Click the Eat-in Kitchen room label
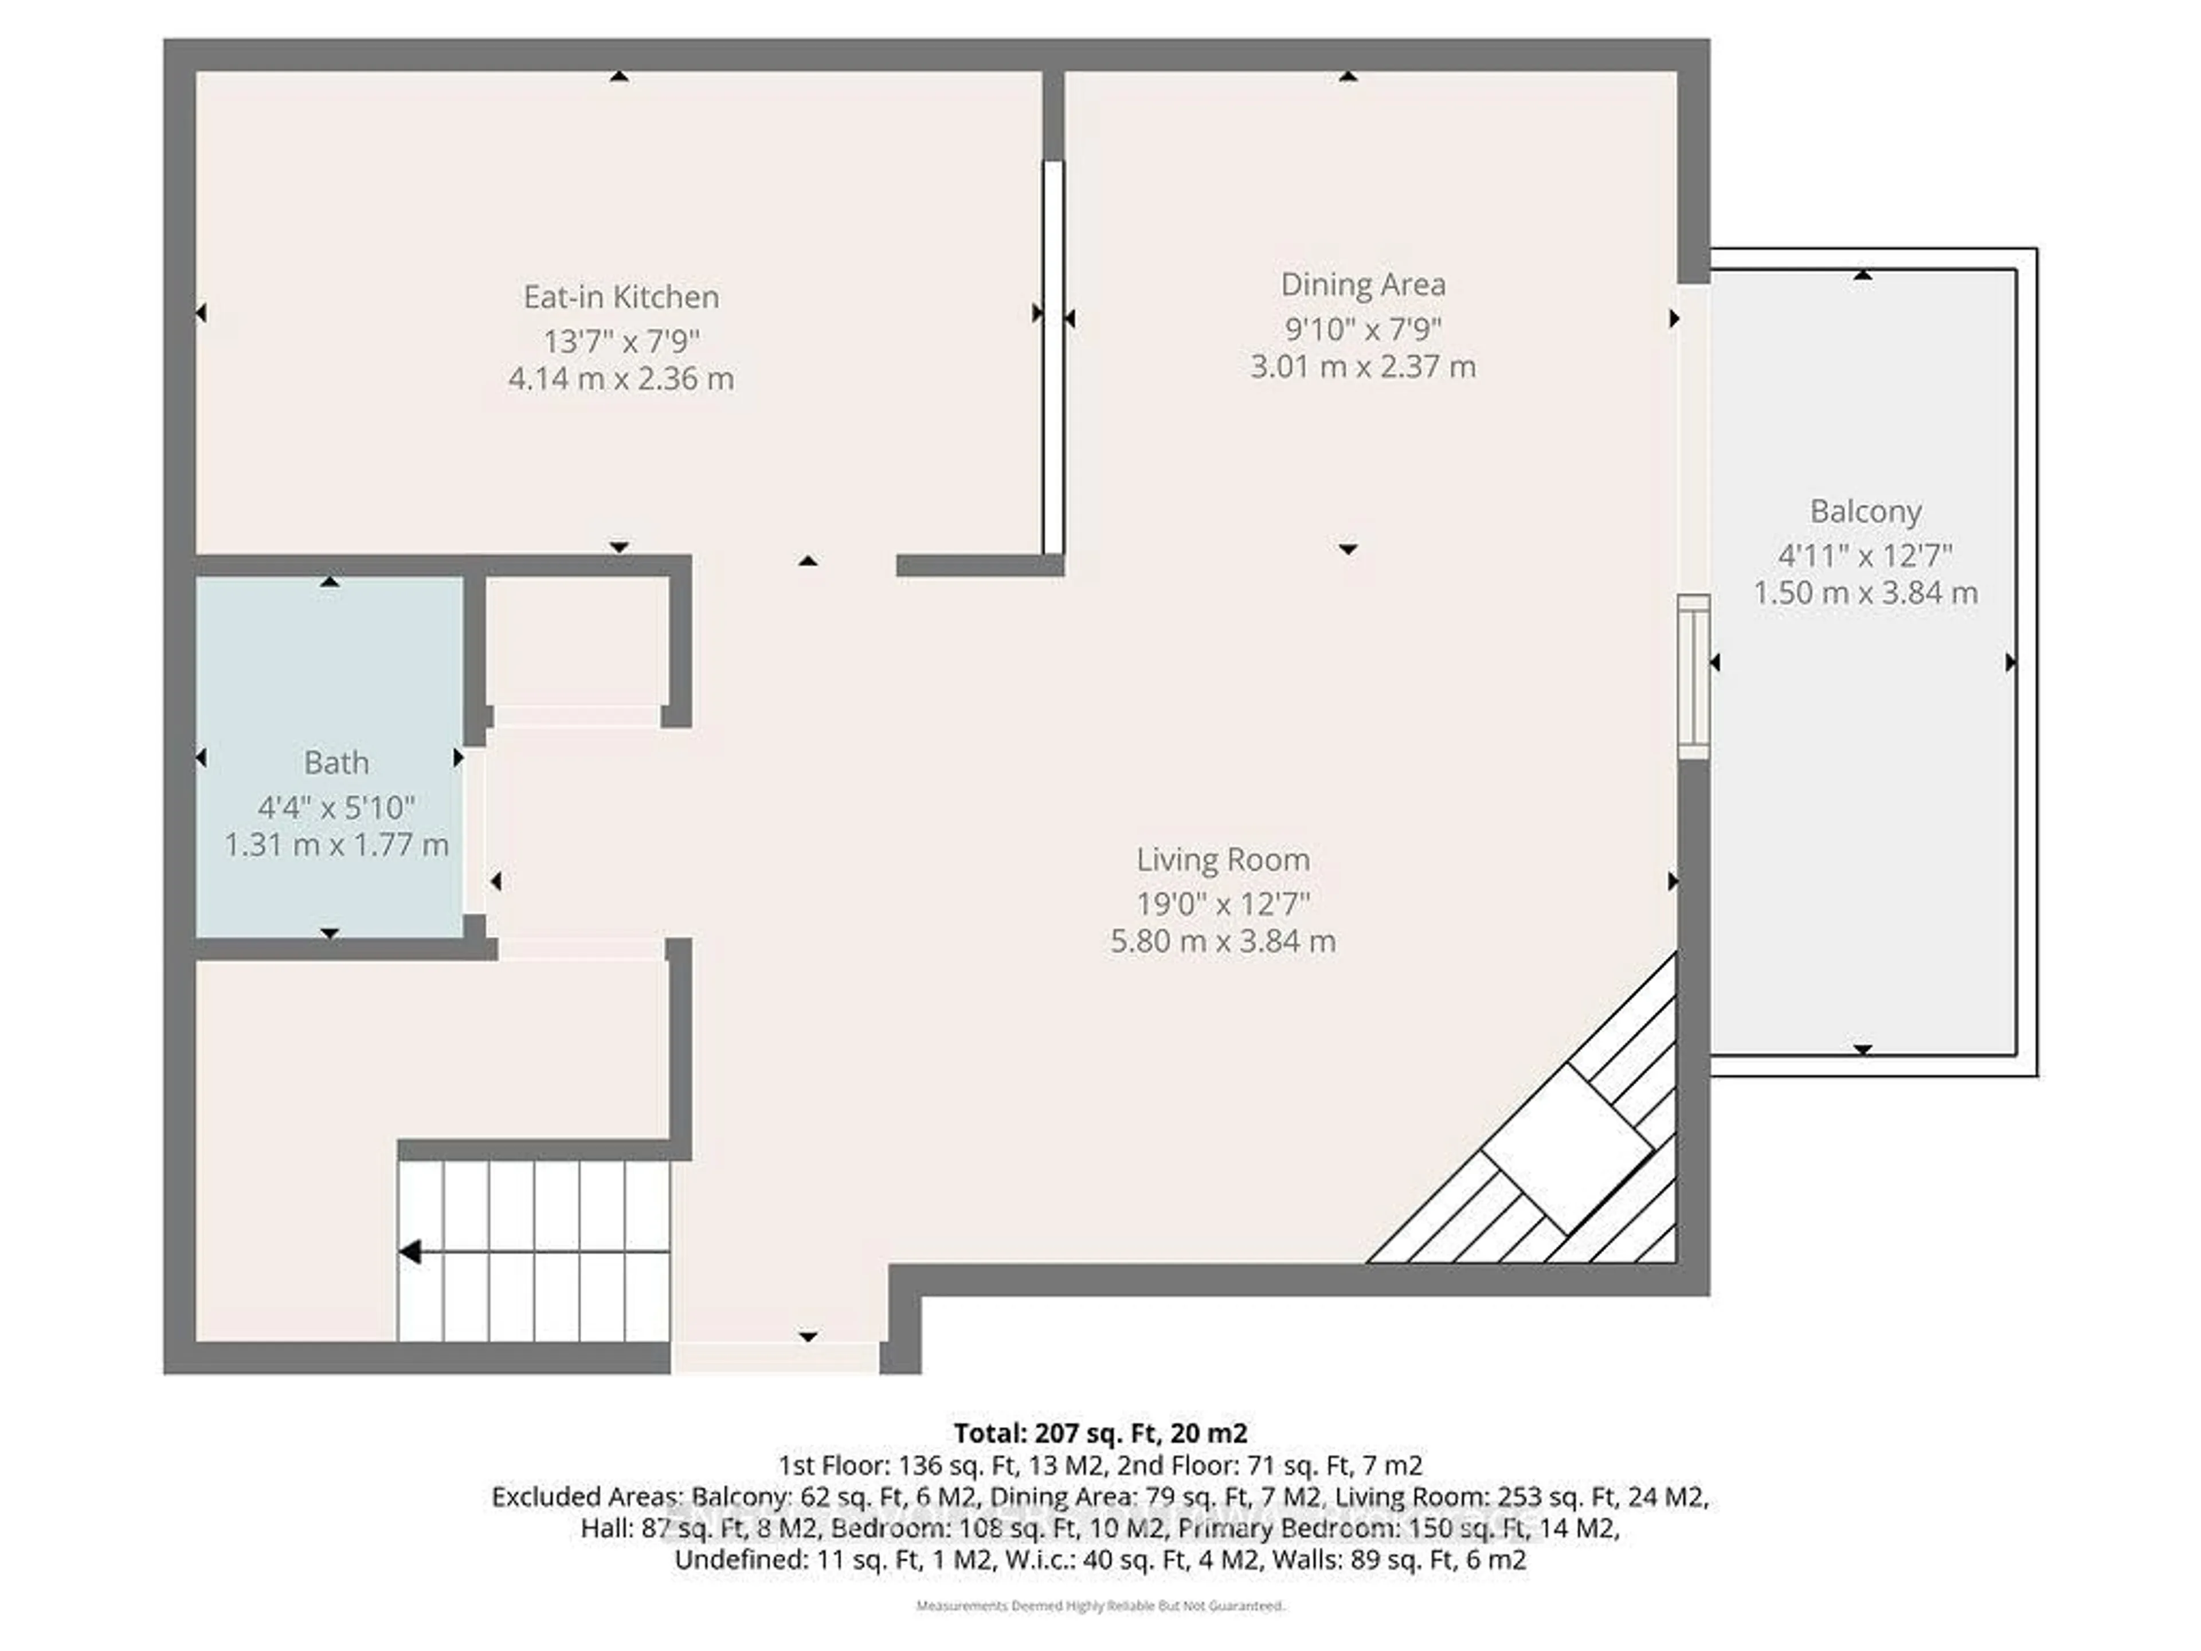(x=621, y=296)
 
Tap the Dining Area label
(x=1362, y=284)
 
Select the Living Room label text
(x=1223, y=860)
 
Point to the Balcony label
(x=1865, y=511)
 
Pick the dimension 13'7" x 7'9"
(x=621, y=341)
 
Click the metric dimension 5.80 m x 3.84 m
(x=1223, y=941)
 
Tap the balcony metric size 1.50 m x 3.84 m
(x=1865, y=593)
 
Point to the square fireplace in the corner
(x=1567, y=1149)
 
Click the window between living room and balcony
(x=1694, y=676)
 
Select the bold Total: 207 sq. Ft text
(x=1099, y=1433)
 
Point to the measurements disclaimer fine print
(x=1099, y=1605)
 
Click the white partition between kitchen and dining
(x=1053, y=358)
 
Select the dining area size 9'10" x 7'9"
(x=1362, y=327)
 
